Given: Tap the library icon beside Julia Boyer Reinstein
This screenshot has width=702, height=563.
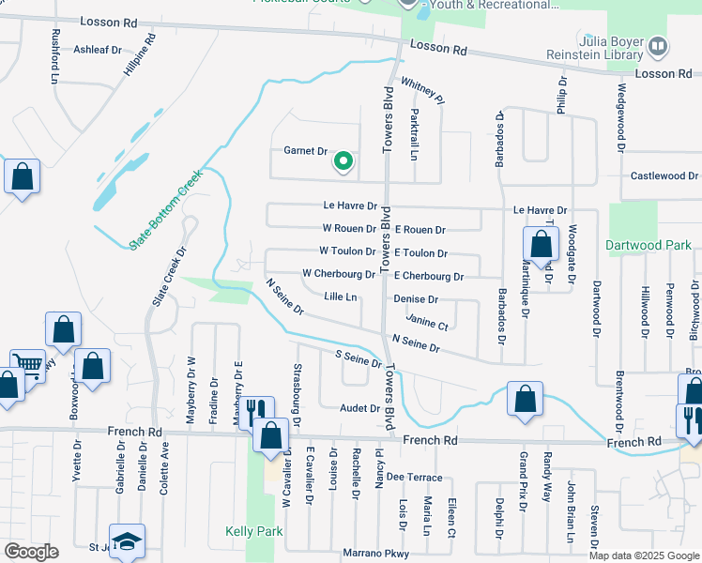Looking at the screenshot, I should (x=659, y=44).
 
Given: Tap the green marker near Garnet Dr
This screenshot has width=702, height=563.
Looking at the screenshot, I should (x=343, y=162).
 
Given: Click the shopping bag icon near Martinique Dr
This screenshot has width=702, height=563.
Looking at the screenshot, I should (x=542, y=247).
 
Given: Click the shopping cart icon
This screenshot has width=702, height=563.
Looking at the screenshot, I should (x=27, y=364).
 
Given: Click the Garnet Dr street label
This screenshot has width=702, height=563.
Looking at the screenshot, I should (x=305, y=151).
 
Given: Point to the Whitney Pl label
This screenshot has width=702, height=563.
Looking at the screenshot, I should (x=421, y=91).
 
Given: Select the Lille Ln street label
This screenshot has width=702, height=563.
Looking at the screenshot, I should (x=341, y=297).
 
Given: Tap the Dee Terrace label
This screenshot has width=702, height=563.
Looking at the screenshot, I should (x=406, y=478).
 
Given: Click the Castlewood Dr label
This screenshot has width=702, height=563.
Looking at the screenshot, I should (x=664, y=175).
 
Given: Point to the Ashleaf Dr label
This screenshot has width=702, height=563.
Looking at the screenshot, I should (x=98, y=49).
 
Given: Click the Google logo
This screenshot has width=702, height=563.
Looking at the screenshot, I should (x=30, y=552).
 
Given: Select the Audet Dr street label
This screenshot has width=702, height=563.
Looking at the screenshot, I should (x=360, y=408).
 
